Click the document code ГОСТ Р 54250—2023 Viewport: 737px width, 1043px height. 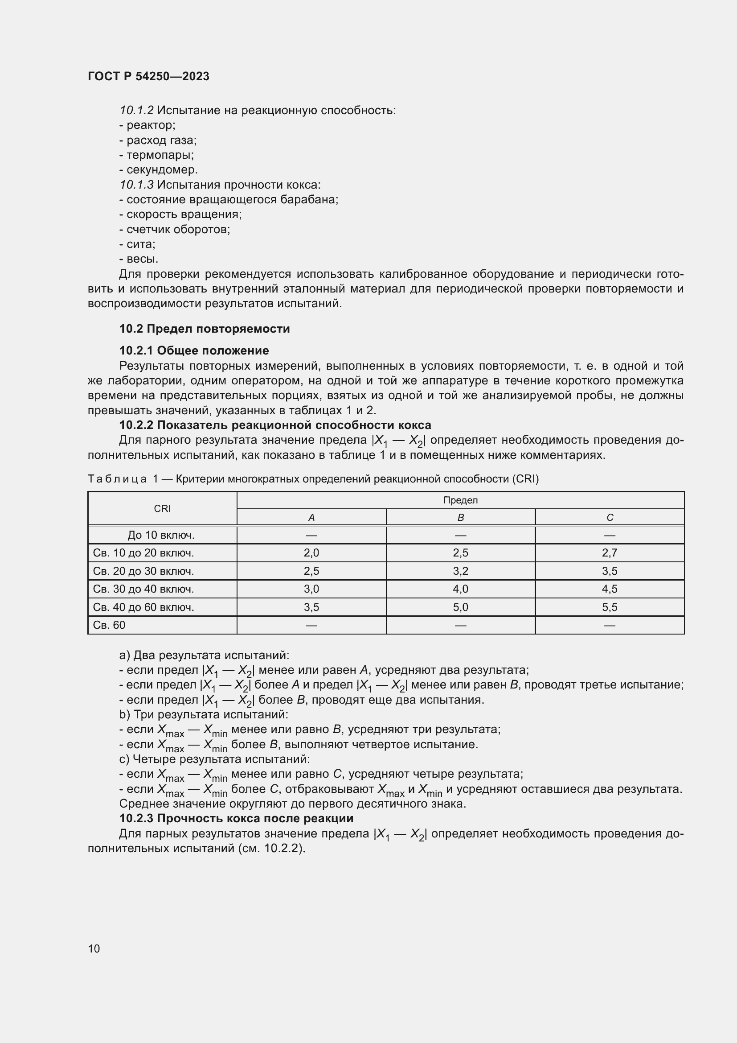click(x=148, y=76)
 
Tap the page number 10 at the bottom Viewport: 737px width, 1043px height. click(x=94, y=948)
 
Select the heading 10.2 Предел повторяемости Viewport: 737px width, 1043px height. click(x=204, y=329)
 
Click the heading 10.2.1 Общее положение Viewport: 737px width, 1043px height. click(x=194, y=350)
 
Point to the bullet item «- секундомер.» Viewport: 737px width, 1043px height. click(x=158, y=170)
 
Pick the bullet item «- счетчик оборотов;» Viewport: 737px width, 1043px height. click(x=175, y=229)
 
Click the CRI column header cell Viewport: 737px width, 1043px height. click(x=162, y=508)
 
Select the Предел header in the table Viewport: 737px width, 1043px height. click(x=460, y=500)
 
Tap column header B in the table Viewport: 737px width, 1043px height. click(x=460, y=517)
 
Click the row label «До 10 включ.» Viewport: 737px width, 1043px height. click(x=161, y=535)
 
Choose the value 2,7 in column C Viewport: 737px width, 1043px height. click(x=610, y=553)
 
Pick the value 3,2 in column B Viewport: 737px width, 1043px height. click(x=460, y=571)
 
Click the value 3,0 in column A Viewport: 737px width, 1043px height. click(x=311, y=589)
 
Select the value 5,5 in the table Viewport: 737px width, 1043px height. click(x=610, y=607)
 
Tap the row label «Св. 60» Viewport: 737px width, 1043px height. click(x=109, y=625)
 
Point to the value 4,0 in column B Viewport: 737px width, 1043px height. click(x=460, y=589)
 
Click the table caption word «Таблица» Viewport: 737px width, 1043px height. click(x=117, y=479)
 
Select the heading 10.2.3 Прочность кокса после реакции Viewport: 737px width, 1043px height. click(x=236, y=818)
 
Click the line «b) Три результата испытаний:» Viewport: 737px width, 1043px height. click(x=203, y=714)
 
